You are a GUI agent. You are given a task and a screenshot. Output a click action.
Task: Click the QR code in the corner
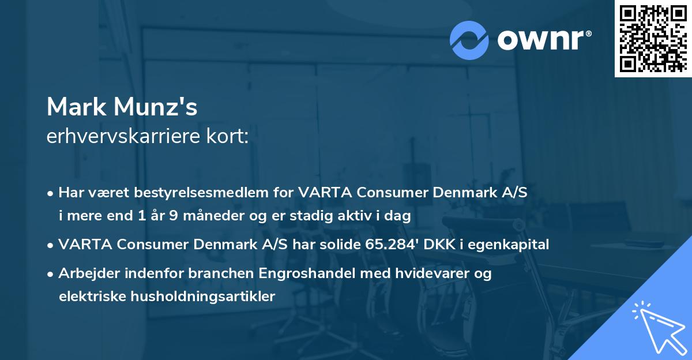[653, 39]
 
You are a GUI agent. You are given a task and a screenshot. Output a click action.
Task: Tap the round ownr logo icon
[469, 40]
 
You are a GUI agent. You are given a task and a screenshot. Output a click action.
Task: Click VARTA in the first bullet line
[322, 193]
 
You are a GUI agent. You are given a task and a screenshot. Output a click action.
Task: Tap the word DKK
[439, 245]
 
